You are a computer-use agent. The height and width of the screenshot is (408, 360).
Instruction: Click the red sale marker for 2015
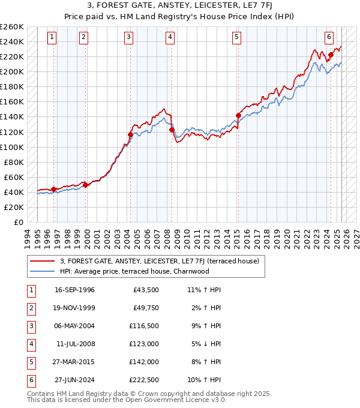tap(238, 115)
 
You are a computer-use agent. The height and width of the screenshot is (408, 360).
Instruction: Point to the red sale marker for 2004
tap(130, 134)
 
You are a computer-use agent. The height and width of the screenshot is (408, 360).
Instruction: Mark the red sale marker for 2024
tap(331, 55)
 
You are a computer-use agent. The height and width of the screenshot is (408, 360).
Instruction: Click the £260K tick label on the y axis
tap(12, 27)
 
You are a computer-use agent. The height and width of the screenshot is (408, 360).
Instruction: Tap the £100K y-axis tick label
tap(12, 147)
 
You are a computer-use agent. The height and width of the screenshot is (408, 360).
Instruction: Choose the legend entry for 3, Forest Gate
tap(159, 261)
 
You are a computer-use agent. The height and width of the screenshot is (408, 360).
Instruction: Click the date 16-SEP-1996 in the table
tap(74, 290)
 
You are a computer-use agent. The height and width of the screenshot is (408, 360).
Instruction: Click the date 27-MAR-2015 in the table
tap(74, 362)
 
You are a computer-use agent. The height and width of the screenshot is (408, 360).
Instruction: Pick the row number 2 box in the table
tap(29, 308)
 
